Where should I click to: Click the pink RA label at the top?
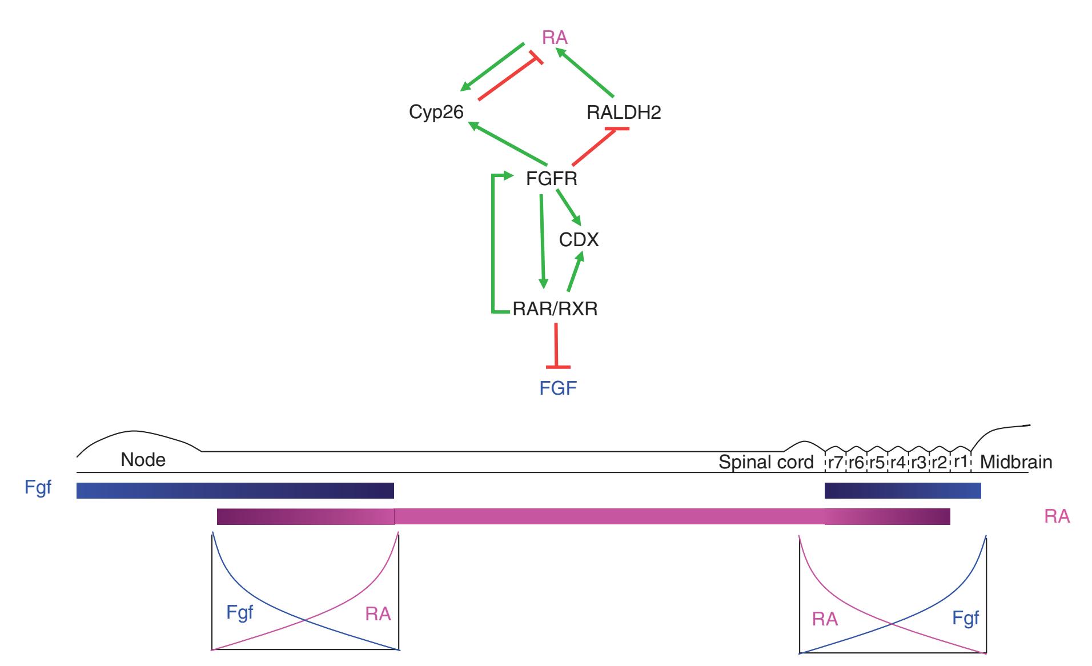(555, 38)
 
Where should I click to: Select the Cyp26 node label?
(436, 112)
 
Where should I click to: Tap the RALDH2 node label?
(624, 112)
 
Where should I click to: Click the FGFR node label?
(551, 179)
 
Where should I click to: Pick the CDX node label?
(579, 240)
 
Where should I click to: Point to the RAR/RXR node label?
(555, 309)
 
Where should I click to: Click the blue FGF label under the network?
(558, 388)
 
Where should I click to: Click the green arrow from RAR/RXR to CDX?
(575, 273)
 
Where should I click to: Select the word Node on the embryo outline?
(143, 460)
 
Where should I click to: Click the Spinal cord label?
(765, 462)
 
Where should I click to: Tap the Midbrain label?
(1015, 462)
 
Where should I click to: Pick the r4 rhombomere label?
(897, 462)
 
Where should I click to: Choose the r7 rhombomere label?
(834, 462)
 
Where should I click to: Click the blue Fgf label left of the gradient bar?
(38, 488)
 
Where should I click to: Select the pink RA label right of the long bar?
(1057, 517)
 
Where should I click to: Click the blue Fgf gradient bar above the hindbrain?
(902, 490)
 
